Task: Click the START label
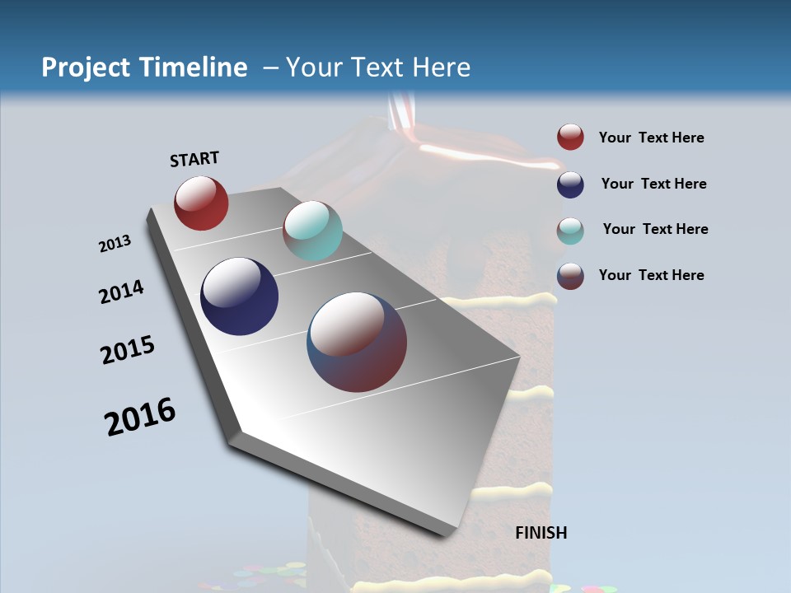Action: point(194,159)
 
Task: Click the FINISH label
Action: point(541,533)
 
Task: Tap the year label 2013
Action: point(115,244)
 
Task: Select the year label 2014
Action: point(121,292)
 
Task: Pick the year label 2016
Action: point(140,416)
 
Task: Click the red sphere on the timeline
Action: point(201,203)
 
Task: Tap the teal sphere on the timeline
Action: point(312,231)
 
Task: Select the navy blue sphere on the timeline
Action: point(239,296)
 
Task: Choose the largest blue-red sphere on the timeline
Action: point(357,342)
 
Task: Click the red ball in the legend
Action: point(570,138)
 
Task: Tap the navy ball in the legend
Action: point(570,184)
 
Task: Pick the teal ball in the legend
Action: point(570,231)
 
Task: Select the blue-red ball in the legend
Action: point(570,276)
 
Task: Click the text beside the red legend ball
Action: point(651,138)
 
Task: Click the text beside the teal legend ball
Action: point(655,229)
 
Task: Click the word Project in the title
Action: point(86,68)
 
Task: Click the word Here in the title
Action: point(441,68)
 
